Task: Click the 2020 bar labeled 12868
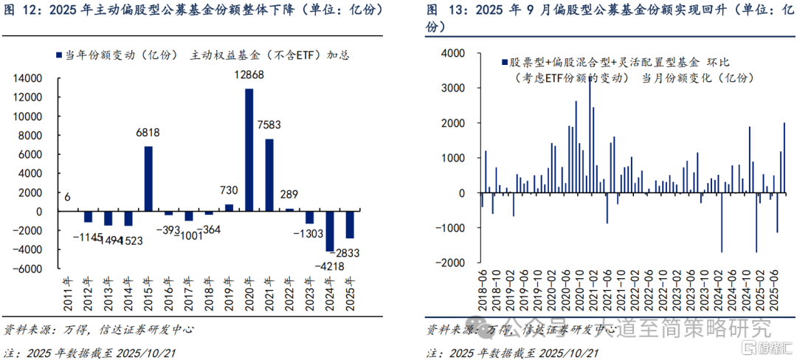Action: tap(249, 150)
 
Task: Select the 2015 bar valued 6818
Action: tap(148, 179)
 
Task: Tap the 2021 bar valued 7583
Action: tap(269, 175)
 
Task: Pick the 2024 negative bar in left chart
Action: tap(330, 231)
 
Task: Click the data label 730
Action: tap(229, 190)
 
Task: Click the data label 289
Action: tap(289, 195)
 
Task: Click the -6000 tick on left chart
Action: tap(32, 269)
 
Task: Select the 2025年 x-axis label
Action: tap(351, 290)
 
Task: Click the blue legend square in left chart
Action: tap(58, 55)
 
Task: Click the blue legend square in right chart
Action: tap(504, 63)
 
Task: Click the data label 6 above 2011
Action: tap(68, 195)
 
